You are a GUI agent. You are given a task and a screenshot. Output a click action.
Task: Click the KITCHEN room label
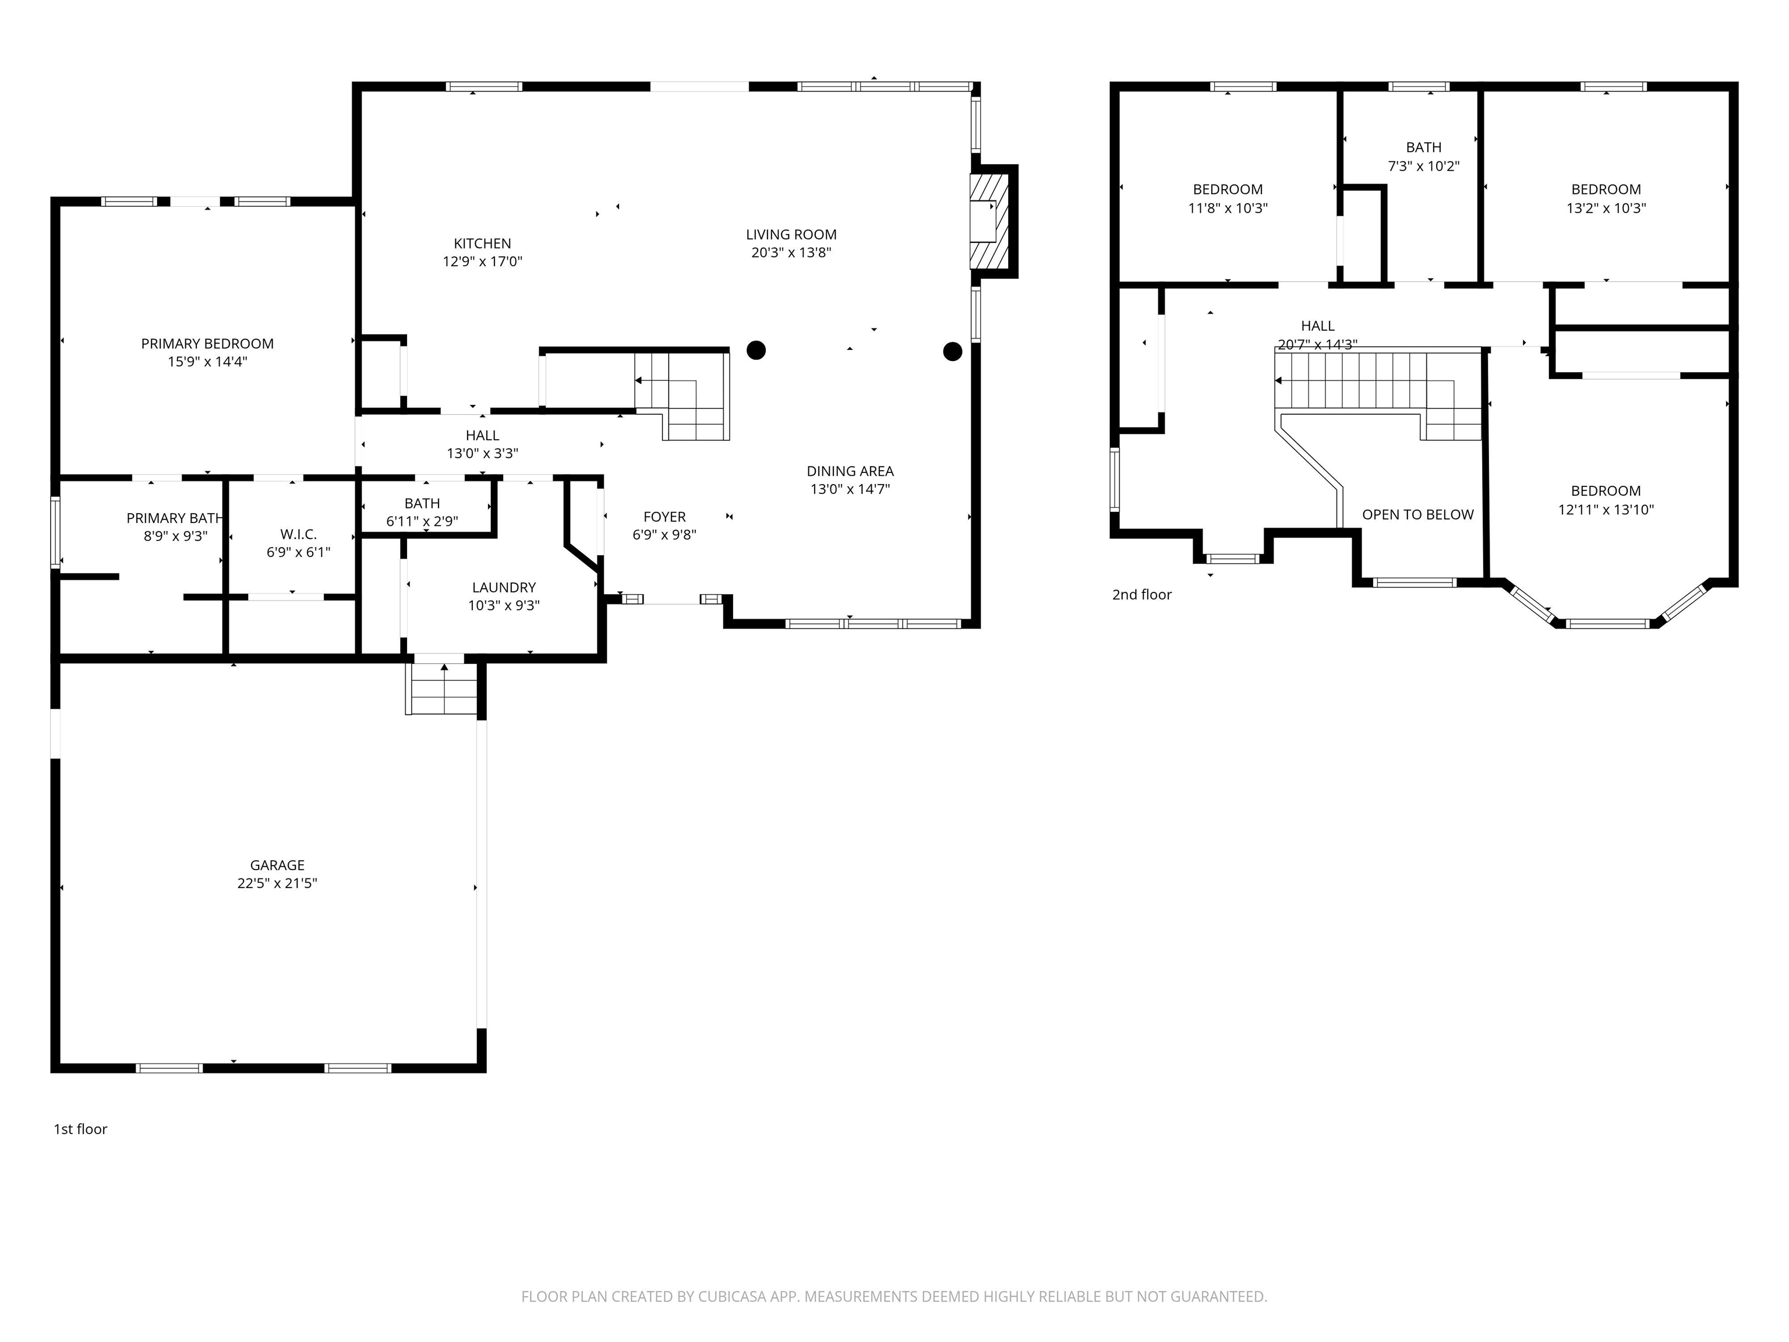[x=482, y=243]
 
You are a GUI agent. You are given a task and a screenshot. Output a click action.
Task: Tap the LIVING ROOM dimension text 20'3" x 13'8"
[x=790, y=252]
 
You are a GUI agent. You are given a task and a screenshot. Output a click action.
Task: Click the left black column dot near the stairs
[x=755, y=350]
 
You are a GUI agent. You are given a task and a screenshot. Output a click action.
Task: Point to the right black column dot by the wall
[x=952, y=351]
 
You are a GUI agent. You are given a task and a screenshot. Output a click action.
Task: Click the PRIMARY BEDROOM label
[x=207, y=344]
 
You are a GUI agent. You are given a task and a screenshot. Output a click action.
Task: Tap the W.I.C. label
[x=298, y=535]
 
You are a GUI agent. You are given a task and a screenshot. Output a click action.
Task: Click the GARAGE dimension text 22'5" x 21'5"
[x=277, y=884]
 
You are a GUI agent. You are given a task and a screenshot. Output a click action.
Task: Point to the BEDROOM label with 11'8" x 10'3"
[x=1227, y=189]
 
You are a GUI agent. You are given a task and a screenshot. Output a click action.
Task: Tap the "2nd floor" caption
[x=1141, y=595]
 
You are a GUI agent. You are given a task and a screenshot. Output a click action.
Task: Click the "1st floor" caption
[x=80, y=1129]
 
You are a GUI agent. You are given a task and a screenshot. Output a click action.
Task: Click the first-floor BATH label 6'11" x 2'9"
[x=422, y=504]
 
